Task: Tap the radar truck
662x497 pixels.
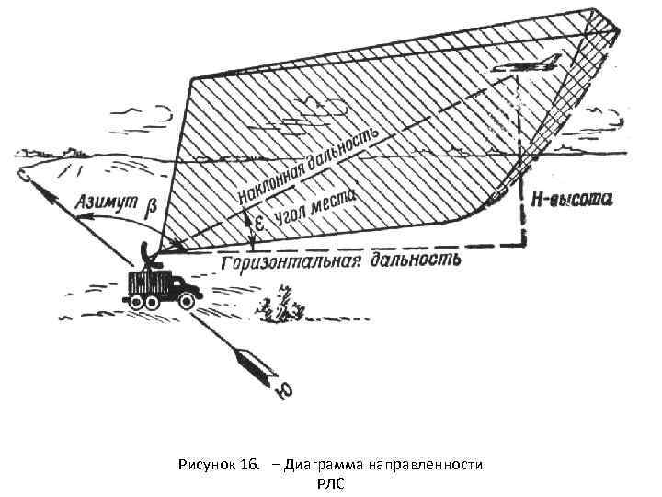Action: click(163, 287)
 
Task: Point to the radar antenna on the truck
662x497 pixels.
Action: click(148, 253)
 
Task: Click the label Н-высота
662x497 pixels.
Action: click(571, 199)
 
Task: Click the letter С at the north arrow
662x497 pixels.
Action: click(25, 174)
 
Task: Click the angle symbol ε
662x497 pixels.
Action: click(261, 224)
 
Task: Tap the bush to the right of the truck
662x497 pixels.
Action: click(282, 307)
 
